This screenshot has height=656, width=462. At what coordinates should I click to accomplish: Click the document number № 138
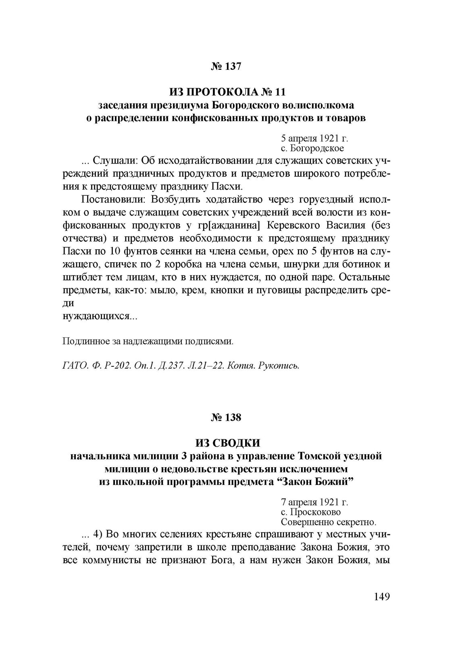coord(226,418)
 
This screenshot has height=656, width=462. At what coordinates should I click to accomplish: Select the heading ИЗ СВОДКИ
coord(228,443)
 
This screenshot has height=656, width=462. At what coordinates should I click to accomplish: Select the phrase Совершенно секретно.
coord(329,522)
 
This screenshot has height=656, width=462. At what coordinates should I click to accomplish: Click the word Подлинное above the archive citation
coord(83,342)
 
